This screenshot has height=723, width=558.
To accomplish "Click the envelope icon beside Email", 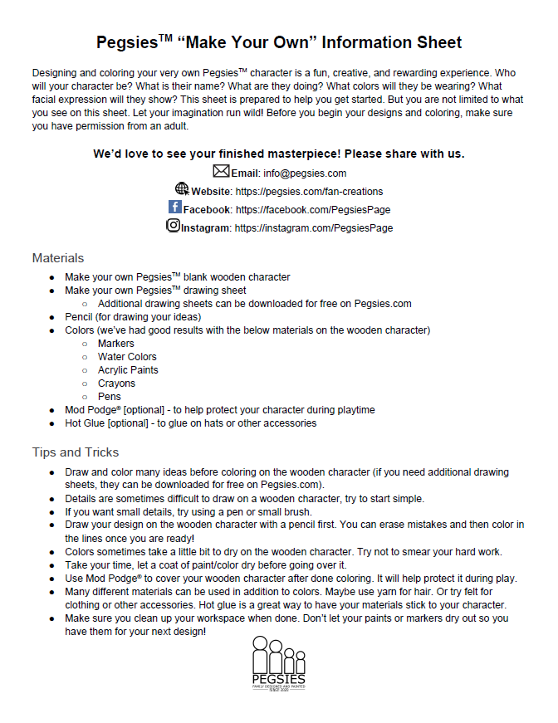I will click(x=221, y=172).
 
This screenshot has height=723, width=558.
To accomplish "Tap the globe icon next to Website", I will click(x=182, y=189).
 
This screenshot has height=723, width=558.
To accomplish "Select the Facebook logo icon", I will click(x=175, y=208).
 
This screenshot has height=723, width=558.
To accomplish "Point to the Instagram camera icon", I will click(x=174, y=225).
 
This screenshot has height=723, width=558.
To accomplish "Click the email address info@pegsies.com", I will click(x=305, y=173).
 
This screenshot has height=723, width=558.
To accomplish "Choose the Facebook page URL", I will click(x=313, y=210).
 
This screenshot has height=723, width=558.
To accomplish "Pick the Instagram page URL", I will click(x=314, y=227).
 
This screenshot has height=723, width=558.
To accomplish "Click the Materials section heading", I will click(x=57, y=258).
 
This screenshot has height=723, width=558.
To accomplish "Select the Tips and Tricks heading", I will click(x=75, y=452).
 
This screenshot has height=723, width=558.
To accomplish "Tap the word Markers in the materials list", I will click(x=116, y=344).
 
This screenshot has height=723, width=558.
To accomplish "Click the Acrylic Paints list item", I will click(x=128, y=370).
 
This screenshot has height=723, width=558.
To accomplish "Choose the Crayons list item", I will click(x=116, y=383).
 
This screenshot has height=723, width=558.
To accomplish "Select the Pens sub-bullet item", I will click(x=110, y=397).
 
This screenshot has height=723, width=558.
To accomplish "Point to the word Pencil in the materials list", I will click(x=81, y=317).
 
